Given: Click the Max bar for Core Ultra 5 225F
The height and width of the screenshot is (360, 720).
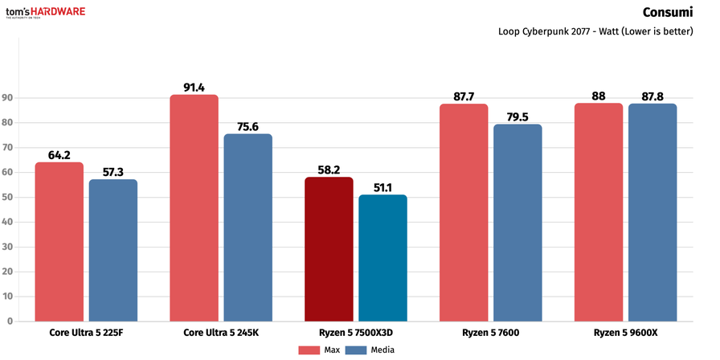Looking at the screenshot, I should click(x=59, y=241).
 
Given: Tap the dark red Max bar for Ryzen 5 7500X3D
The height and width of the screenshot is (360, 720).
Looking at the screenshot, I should click(x=329, y=249).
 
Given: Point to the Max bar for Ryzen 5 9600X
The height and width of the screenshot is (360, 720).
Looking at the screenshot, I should click(x=599, y=212).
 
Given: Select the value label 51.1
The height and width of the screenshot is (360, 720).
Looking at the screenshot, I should click(x=382, y=187).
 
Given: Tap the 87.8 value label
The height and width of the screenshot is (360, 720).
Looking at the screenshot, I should click(x=652, y=96).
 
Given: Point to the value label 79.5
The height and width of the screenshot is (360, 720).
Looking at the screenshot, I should click(x=518, y=117).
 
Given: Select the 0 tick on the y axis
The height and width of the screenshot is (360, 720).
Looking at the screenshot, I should click(x=10, y=321).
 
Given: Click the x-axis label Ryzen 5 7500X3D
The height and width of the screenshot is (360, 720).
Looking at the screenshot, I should click(x=356, y=332).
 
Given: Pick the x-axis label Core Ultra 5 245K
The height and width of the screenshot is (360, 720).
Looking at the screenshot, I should click(x=221, y=332).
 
